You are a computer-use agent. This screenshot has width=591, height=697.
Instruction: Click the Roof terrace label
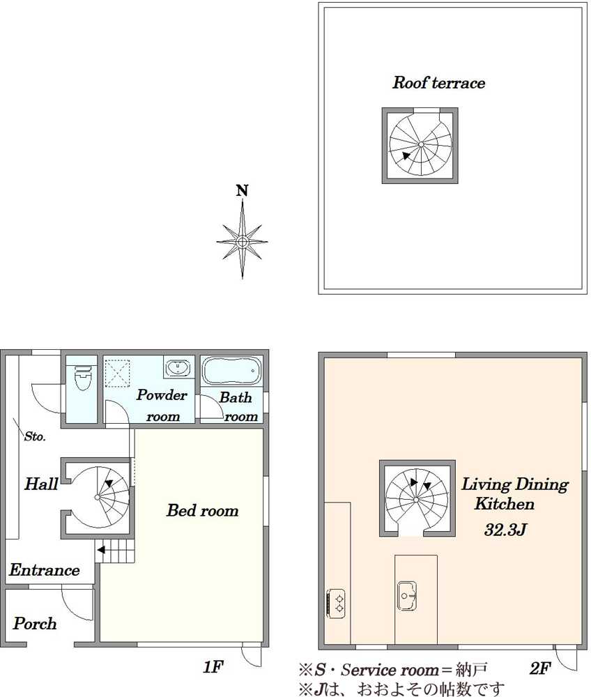tap(438, 83)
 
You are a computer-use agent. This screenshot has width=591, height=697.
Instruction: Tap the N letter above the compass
tap(242, 191)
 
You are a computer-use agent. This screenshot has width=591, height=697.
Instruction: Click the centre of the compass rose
tap(242, 242)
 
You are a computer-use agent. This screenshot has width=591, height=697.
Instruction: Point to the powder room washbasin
tap(178, 367)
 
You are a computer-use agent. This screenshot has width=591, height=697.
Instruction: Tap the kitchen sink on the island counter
tap(406, 596)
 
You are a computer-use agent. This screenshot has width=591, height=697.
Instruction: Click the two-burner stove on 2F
tap(336, 603)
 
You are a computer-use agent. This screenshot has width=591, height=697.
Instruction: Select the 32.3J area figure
tap(505, 530)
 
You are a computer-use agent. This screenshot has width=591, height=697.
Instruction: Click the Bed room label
tap(203, 511)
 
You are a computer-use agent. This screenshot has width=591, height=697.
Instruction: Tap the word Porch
tap(35, 624)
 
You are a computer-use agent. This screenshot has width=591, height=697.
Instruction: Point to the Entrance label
tap(45, 570)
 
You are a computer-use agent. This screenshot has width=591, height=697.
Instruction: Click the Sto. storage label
tap(35, 436)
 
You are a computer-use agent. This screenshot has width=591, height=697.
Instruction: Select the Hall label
tap(41, 484)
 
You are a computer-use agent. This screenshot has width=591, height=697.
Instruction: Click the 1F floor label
tap(213, 667)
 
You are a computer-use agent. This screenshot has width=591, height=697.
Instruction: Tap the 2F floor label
tap(540, 668)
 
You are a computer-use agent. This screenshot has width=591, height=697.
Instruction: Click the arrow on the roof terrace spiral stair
tap(406, 155)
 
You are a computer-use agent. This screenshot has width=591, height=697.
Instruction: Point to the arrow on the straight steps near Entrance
tap(101, 550)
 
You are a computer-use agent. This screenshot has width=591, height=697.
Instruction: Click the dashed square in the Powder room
tap(117, 374)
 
